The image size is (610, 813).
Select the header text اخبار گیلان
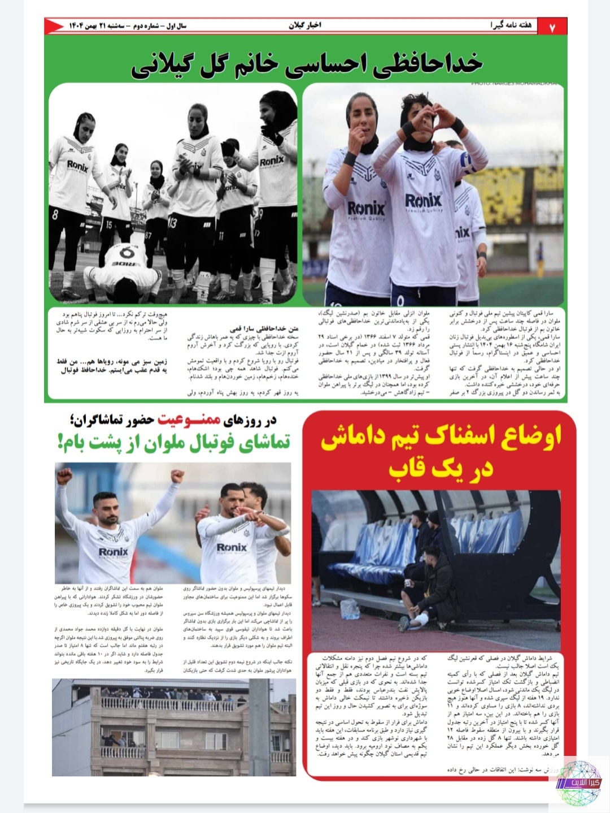305,25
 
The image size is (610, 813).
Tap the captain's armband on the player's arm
470,163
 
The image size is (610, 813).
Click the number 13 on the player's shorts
172,222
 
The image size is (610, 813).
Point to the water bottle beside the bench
349,608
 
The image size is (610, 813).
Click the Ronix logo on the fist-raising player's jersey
114,551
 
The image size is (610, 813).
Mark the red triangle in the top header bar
54,26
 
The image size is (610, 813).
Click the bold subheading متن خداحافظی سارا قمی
264,328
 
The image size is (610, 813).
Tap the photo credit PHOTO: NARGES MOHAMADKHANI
517,84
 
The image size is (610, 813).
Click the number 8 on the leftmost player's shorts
55,215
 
